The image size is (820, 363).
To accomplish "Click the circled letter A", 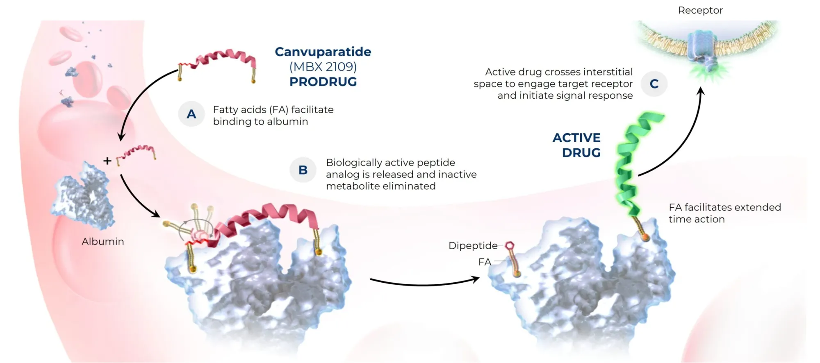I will (x=191, y=114).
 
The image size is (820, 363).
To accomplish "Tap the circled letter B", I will (x=303, y=170).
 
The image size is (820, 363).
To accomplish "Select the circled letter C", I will (x=654, y=84).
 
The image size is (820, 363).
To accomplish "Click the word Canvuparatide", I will (x=323, y=52).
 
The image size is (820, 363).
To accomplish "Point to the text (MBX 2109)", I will (x=323, y=66).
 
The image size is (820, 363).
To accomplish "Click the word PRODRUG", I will (x=323, y=82).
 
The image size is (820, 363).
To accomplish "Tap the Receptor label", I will (x=700, y=10).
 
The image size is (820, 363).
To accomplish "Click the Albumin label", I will (x=102, y=242).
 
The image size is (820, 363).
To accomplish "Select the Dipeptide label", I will (x=472, y=246).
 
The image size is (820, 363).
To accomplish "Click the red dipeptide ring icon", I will (x=509, y=245).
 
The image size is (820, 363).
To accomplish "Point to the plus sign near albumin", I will (x=107, y=161).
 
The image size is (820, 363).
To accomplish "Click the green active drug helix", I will (x=631, y=164).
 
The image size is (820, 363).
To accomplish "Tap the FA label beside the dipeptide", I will (x=484, y=262).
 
